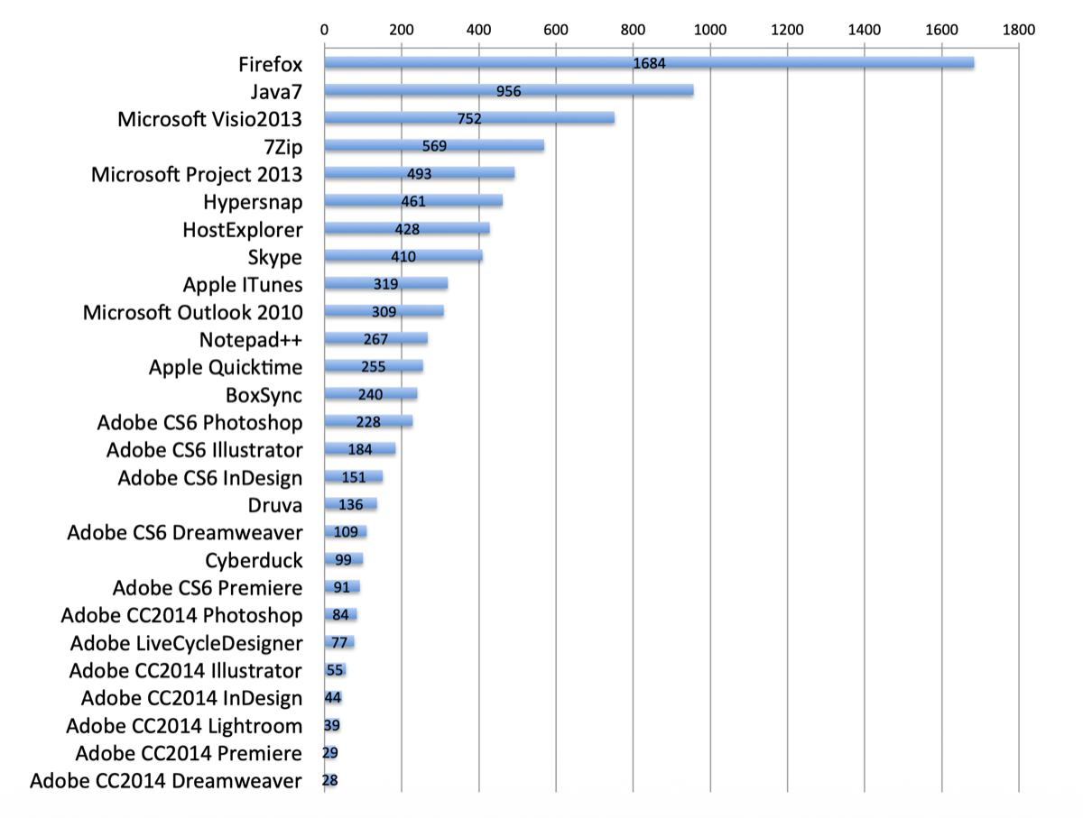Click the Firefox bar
812,63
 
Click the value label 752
469,118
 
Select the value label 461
413,202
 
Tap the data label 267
375,340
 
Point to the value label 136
351,504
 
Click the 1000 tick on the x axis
710,29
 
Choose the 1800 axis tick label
1019,29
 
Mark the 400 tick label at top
479,29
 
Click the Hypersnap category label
255,202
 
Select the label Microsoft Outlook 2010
193,312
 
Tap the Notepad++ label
251,340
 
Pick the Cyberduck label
255,560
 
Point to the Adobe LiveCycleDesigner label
187,643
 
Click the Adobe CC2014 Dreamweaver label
166,780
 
